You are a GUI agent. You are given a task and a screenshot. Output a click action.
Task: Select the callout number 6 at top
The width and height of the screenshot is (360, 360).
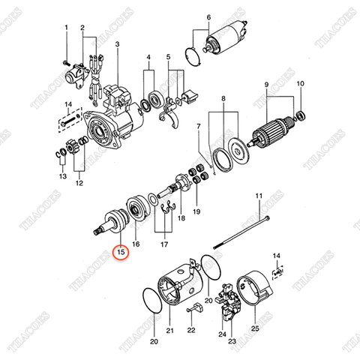[208, 16]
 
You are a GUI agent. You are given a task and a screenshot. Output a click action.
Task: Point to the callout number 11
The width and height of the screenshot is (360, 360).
[258, 196]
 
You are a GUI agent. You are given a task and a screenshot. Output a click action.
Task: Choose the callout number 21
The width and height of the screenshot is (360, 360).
[169, 330]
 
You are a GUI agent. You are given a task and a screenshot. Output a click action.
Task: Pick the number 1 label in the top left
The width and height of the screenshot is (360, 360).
[65, 28]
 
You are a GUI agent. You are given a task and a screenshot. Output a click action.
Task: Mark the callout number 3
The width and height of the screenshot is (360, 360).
[118, 45]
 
